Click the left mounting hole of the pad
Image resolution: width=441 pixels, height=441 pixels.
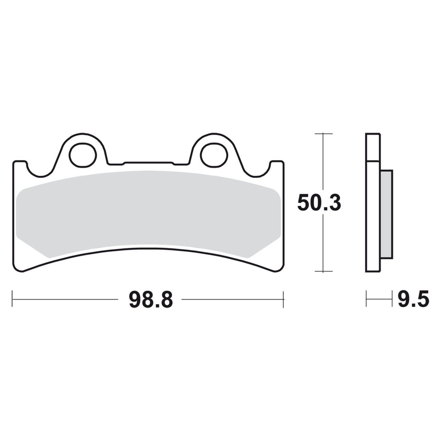point(83,155)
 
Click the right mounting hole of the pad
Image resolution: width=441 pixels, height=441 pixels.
point(214,155)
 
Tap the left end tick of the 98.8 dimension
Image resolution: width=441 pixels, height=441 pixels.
point(12,299)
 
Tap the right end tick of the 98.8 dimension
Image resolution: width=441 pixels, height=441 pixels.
point(283,299)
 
